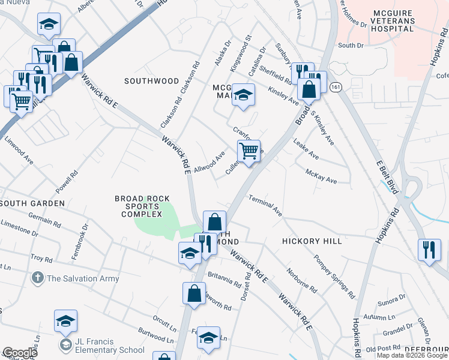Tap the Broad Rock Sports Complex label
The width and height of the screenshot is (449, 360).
click(143, 206)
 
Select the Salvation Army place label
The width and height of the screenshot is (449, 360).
click(83, 278)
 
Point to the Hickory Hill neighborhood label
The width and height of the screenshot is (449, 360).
click(312, 241)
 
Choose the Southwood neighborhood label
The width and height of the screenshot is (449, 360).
click(151, 81)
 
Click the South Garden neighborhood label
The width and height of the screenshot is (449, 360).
click(32, 203)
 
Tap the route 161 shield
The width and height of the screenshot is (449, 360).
click(336, 87)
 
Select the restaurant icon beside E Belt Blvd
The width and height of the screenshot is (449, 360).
click(429, 249)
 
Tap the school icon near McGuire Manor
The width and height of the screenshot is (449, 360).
click(243, 95)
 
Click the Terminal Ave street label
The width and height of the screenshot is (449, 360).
click(265, 205)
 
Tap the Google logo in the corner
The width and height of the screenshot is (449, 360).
click(20, 352)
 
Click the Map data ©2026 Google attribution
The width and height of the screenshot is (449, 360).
click(412, 355)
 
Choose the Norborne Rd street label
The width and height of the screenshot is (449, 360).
click(302, 279)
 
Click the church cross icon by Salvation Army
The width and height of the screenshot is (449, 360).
click(37, 278)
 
